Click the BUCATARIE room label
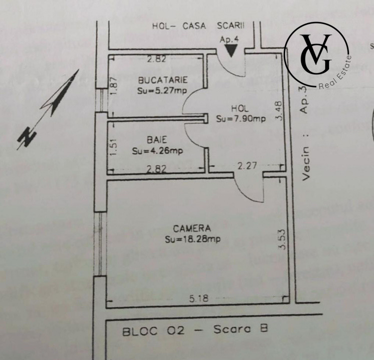[x=163, y=80]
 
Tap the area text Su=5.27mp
[x=162, y=90]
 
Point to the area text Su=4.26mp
[x=158, y=150]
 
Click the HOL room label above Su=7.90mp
[x=240, y=108]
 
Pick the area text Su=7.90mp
[x=241, y=118]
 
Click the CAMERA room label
[x=192, y=228]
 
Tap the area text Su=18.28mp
[x=193, y=239]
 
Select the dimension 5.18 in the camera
[x=199, y=298]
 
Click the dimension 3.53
[x=282, y=239]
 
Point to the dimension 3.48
[x=279, y=111]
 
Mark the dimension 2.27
[x=247, y=165]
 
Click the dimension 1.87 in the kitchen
[x=114, y=86]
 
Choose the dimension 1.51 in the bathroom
[x=114, y=147]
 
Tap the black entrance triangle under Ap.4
[x=231, y=50]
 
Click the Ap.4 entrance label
[x=229, y=39]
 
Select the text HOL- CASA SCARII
[x=198, y=26]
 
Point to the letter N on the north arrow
[x=27, y=137]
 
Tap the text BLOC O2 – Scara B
[x=195, y=330]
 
